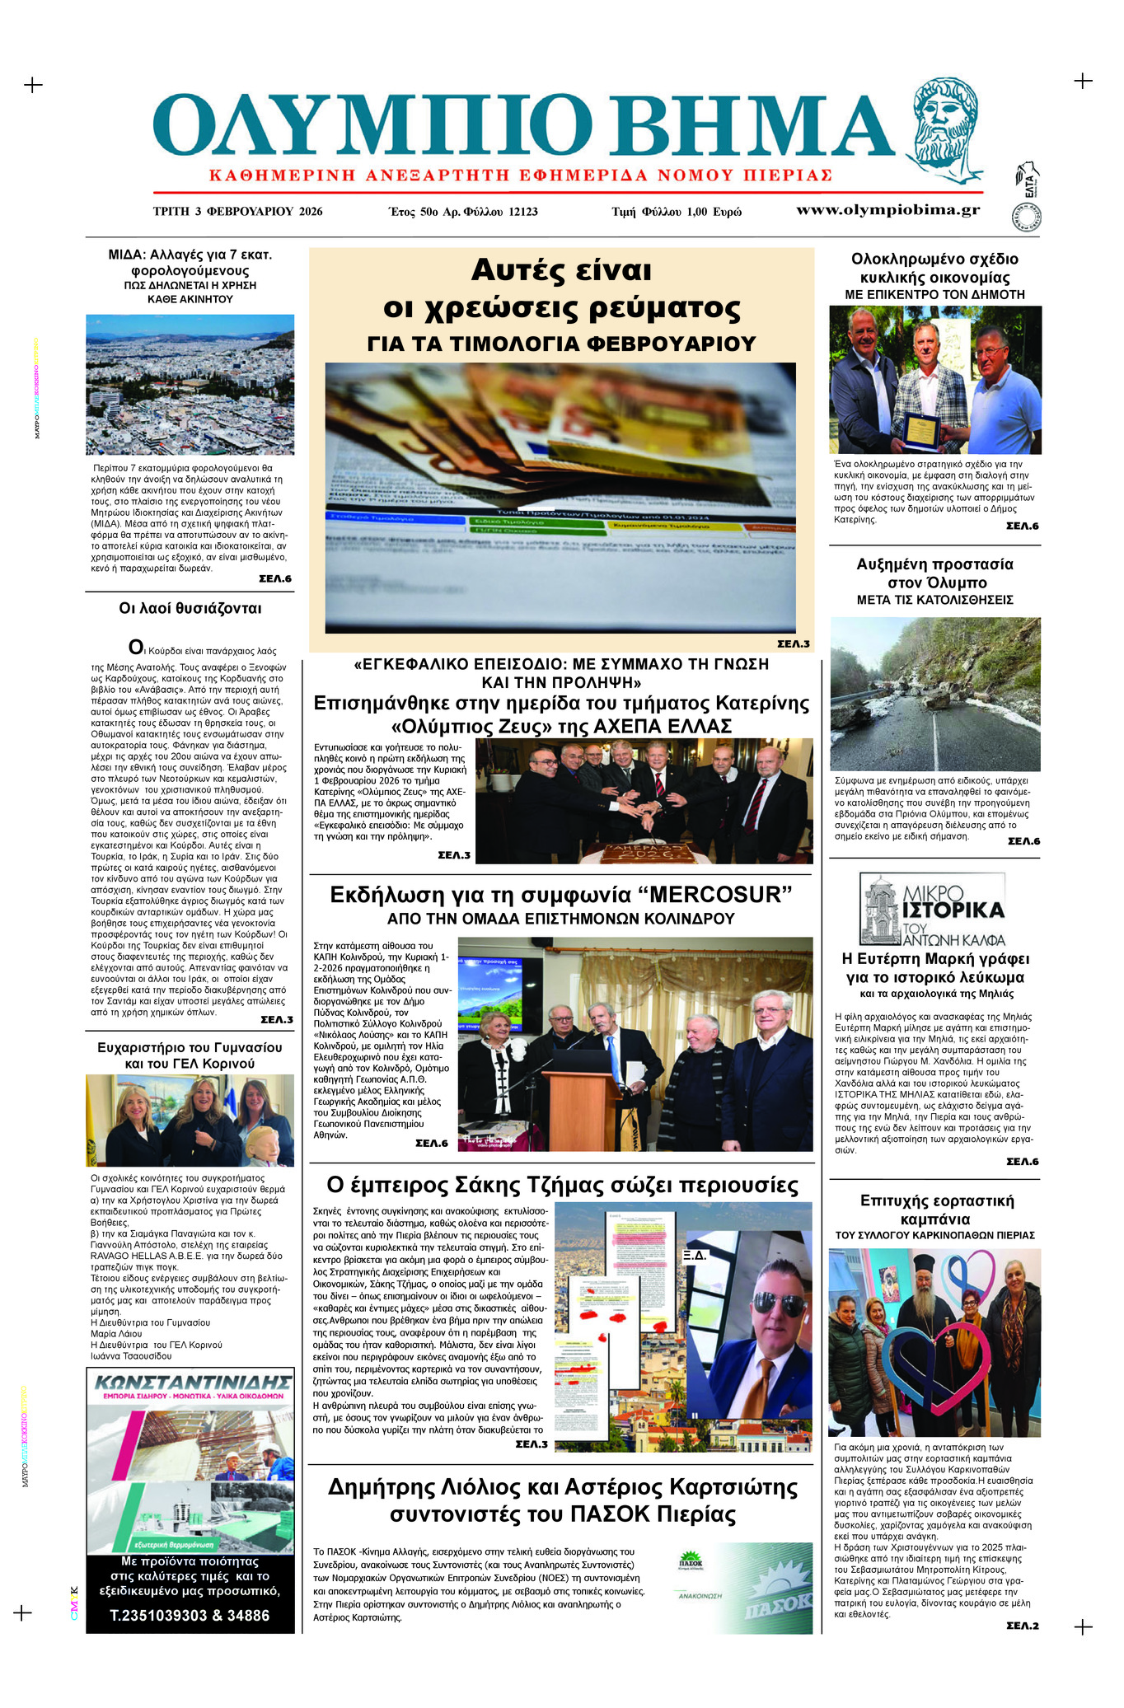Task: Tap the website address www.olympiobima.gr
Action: pyautogui.click(x=887, y=209)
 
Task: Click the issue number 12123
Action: pyautogui.click(x=518, y=212)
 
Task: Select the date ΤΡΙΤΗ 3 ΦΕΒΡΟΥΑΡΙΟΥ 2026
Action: pyautogui.click(x=237, y=211)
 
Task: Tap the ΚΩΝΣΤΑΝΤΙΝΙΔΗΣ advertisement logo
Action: pyautogui.click(x=191, y=1382)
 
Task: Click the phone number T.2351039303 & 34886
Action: pyautogui.click(x=190, y=1615)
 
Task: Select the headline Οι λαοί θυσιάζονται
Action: pyautogui.click(x=190, y=608)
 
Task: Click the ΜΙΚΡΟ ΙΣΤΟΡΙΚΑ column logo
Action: pyautogui.click(x=932, y=910)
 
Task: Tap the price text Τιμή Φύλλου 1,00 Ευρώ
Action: pyautogui.click(x=676, y=212)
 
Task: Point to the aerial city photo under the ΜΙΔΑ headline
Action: pyautogui.click(x=190, y=384)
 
